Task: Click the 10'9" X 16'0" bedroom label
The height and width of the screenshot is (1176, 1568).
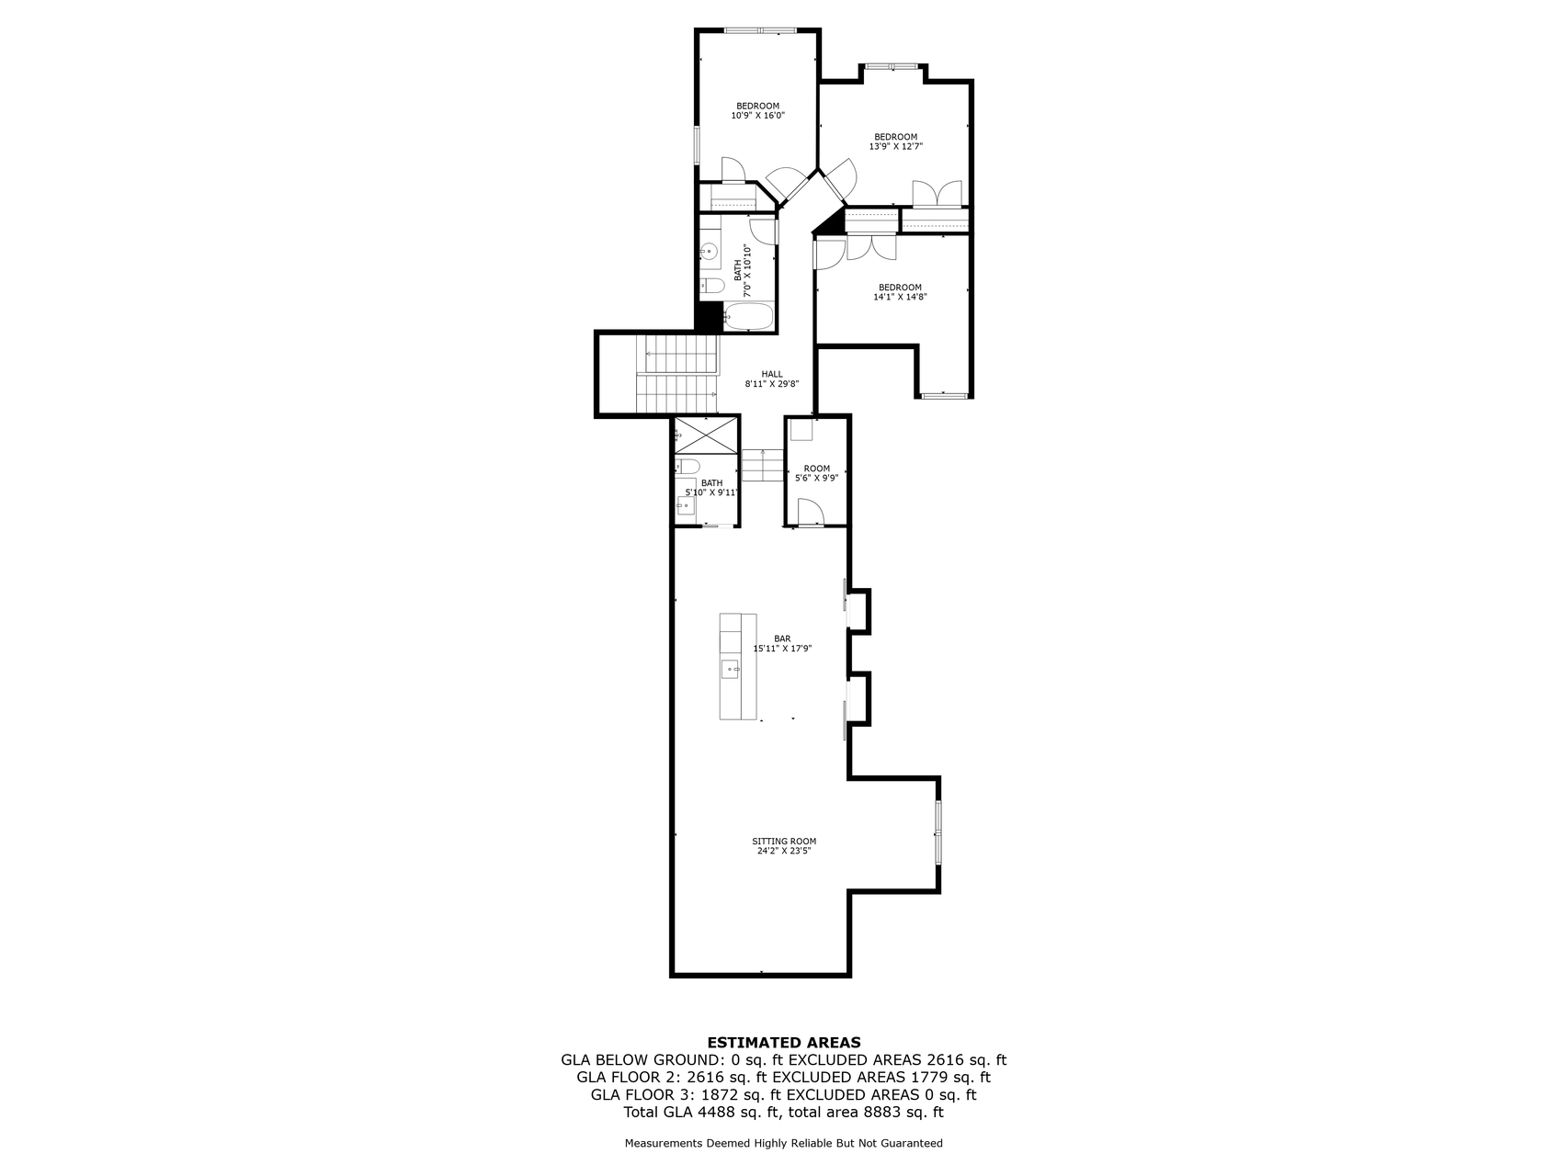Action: [x=757, y=110]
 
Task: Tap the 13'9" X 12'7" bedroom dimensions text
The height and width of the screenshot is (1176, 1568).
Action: [x=896, y=146]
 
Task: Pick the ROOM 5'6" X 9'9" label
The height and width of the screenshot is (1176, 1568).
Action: [x=816, y=473]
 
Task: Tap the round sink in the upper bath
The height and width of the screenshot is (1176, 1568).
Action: [x=709, y=250]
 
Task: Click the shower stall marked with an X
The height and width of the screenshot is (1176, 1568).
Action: [x=706, y=435]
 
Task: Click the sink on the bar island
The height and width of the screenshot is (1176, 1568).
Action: [x=730, y=669]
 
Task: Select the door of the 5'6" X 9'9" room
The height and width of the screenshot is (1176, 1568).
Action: [x=810, y=512]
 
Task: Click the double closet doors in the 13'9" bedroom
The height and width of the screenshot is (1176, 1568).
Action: [x=937, y=194]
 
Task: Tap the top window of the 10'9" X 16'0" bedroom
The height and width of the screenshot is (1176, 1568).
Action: [x=760, y=31]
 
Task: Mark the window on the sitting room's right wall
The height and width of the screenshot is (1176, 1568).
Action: [x=938, y=832]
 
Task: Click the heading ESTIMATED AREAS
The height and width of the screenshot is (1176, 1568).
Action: [x=784, y=1042]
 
